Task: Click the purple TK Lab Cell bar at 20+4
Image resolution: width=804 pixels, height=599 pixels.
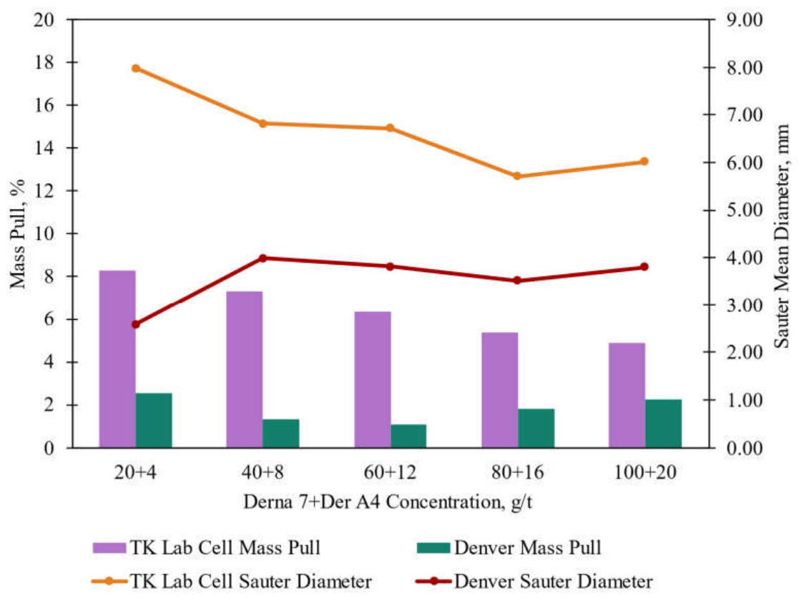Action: (x=117, y=359)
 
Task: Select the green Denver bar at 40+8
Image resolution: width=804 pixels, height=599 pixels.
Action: (x=281, y=434)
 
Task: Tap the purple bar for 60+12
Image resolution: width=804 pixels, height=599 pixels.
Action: (x=373, y=379)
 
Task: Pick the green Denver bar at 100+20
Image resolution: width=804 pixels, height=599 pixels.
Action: (x=664, y=424)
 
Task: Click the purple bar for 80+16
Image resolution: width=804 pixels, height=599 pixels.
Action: (x=500, y=390)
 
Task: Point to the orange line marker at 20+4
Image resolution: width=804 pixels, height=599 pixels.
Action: (x=136, y=68)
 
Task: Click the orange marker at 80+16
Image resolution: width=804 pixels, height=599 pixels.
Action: (x=517, y=176)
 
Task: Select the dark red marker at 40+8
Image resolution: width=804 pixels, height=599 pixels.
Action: (x=263, y=258)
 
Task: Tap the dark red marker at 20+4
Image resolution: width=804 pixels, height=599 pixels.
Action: (x=136, y=324)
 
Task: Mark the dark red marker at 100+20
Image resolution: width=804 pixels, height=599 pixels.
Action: (x=644, y=267)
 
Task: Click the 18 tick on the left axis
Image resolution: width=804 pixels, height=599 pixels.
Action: (x=44, y=62)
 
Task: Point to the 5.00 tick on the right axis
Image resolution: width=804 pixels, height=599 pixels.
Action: (x=745, y=210)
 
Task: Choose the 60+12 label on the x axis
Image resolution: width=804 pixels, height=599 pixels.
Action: (x=391, y=472)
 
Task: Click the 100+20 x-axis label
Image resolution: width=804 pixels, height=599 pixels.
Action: (x=645, y=472)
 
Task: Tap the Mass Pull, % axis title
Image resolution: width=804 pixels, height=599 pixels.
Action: (x=17, y=234)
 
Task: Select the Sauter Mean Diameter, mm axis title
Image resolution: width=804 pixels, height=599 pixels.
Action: (x=781, y=236)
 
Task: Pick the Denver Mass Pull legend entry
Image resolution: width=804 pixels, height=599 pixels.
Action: (x=509, y=547)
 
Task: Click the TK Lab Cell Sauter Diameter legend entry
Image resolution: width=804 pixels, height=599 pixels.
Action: (x=232, y=582)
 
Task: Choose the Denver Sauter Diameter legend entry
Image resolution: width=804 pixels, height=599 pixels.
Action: (x=534, y=582)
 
